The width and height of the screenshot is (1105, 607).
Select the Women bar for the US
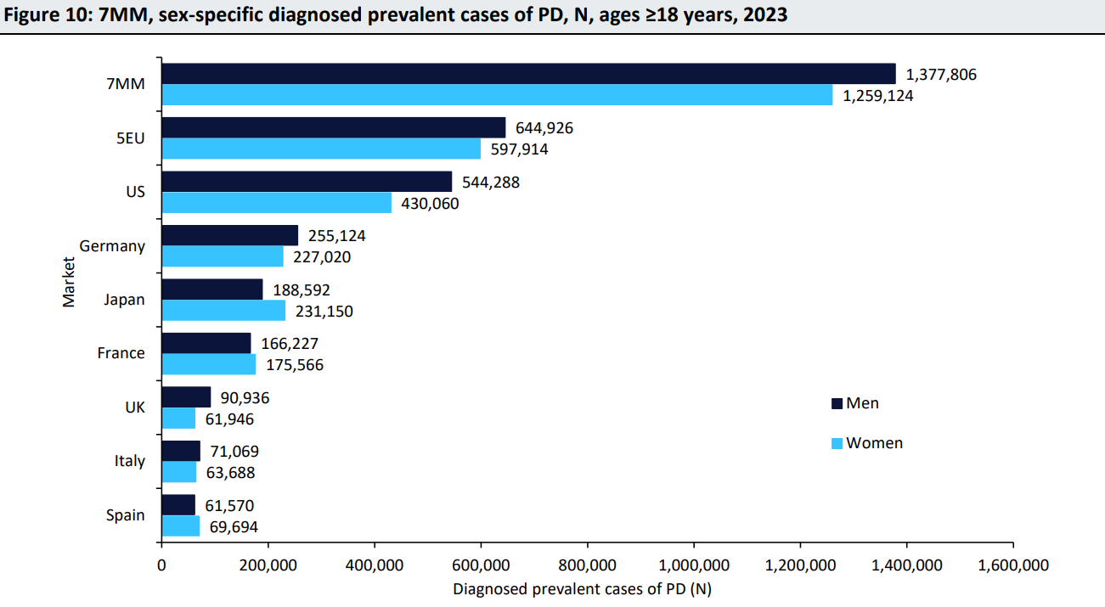[277, 203]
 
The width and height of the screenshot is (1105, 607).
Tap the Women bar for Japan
[223, 311]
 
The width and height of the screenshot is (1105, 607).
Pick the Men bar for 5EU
[333, 128]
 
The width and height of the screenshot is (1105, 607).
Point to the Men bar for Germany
[229, 235]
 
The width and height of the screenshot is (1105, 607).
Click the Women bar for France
[208, 365]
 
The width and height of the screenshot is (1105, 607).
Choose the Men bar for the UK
[186, 397]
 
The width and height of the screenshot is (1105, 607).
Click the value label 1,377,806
[941, 75]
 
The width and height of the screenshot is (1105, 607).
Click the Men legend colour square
[836, 403]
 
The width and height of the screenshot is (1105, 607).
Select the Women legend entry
[874, 443]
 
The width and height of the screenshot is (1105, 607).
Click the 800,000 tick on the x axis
[588, 565]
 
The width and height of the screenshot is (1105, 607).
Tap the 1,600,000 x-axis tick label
[1013, 565]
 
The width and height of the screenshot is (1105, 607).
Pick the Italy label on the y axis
[129, 461]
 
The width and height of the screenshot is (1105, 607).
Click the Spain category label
[125, 515]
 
